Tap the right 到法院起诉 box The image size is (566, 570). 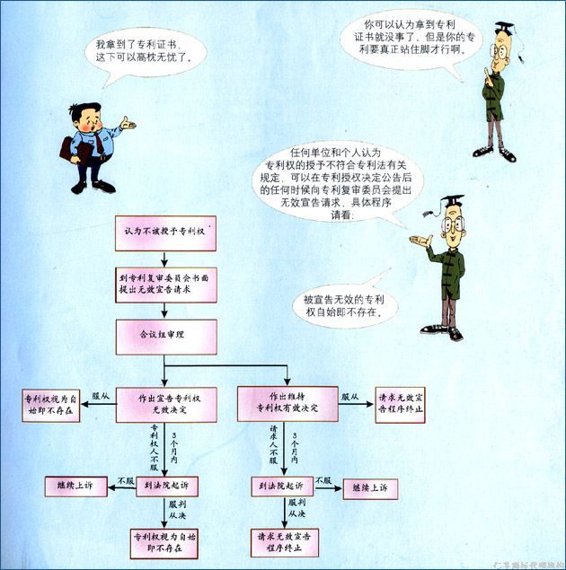pos(280,487)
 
